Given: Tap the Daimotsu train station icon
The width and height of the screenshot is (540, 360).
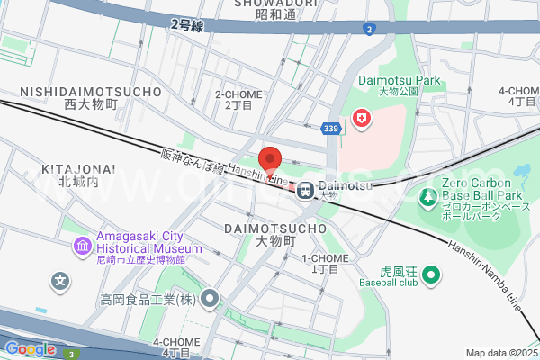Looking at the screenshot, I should (x=306, y=190).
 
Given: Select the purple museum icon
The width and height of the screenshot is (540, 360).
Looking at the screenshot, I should (x=82, y=245).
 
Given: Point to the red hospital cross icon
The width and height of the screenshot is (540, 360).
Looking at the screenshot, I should (x=362, y=119).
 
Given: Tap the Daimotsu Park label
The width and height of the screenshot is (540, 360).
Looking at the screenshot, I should (x=400, y=80).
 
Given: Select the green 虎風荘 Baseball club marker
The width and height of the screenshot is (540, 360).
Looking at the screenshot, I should (x=431, y=274).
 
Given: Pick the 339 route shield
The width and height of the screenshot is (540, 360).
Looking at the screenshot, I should (x=331, y=129).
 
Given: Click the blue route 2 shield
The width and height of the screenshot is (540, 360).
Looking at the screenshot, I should (x=369, y=30).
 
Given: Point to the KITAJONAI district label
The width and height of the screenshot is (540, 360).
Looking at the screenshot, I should (x=77, y=169).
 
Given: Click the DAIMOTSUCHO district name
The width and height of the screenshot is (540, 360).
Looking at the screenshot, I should (x=274, y=229).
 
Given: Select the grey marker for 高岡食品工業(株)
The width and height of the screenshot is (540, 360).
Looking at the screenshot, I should (x=211, y=298).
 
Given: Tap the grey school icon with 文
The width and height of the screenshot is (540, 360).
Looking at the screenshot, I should (x=61, y=281).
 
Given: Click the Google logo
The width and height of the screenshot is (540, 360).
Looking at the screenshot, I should (x=30, y=349).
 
